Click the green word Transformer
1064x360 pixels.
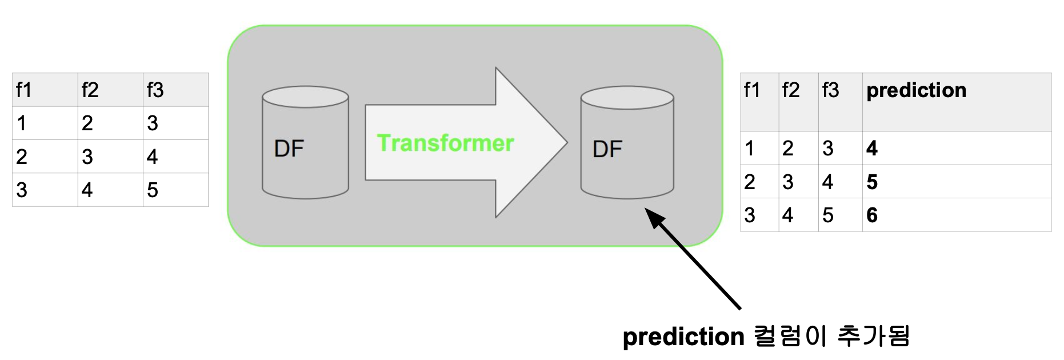click(445, 143)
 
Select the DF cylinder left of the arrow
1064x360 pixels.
click(305, 143)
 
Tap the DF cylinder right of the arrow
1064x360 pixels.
click(627, 143)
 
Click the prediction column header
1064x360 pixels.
click(916, 90)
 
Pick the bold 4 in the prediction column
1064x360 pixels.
click(871, 149)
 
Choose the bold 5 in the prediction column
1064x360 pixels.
click(871, 182)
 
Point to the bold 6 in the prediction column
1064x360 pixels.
click(871, 215)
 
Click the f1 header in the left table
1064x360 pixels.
click(24, 90)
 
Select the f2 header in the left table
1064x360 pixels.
click(90, 90)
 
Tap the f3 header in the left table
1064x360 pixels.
click(155, 90)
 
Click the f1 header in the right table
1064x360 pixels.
click(752, 90)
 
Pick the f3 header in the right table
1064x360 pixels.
click(830, 90)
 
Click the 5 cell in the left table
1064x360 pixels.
click(152, 190)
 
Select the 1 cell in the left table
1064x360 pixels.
click(22, 123)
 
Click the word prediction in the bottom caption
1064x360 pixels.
click(683, 337)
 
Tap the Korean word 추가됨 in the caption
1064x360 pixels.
click(873, 336)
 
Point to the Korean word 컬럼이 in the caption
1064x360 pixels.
click(790, 336)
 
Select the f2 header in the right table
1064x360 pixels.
click(791, 90)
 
